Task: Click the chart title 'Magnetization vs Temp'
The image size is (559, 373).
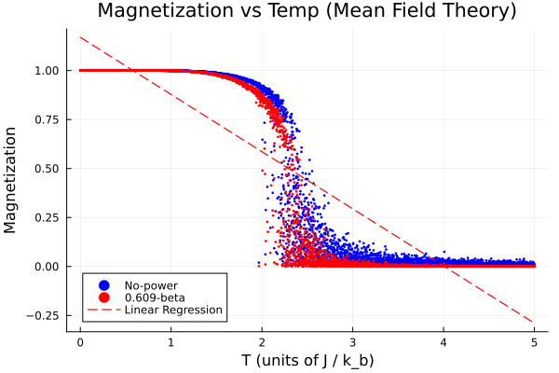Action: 307,12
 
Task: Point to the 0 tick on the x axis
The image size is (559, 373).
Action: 80,341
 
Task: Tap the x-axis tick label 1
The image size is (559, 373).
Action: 171,341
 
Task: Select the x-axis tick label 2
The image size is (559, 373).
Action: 262,341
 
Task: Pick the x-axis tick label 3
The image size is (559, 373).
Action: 353,341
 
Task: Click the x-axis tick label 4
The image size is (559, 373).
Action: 443,341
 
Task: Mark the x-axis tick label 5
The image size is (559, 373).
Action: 535,341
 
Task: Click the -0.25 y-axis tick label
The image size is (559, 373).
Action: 45,315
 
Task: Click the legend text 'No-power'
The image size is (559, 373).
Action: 151,284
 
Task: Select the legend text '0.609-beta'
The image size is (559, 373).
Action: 155,297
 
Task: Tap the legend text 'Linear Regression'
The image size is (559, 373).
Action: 173,310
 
